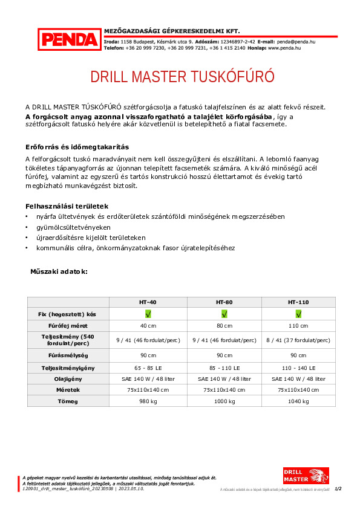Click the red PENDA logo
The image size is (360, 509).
(x=70, y=39)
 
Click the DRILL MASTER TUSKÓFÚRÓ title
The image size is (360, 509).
(x=182, y=77)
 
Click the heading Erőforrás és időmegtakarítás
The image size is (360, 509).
(x=77, y=147)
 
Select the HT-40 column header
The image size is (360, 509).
(x=148, y=301)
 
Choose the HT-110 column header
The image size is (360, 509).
(x=298, y=301)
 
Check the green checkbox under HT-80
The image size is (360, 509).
(x=224, y=314)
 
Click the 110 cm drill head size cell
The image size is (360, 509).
(x=298, y=326)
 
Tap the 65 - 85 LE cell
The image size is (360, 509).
(x=148, y=367)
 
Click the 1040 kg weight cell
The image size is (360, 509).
(x=298, y=401)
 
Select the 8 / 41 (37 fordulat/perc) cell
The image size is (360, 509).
(x=298, y=340)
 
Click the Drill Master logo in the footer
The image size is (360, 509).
(x=306, y=475)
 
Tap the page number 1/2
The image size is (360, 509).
(x=338, y=488)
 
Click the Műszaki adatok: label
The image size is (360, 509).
(x=59, y=272)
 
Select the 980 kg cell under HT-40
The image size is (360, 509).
(x=148, y=401)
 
